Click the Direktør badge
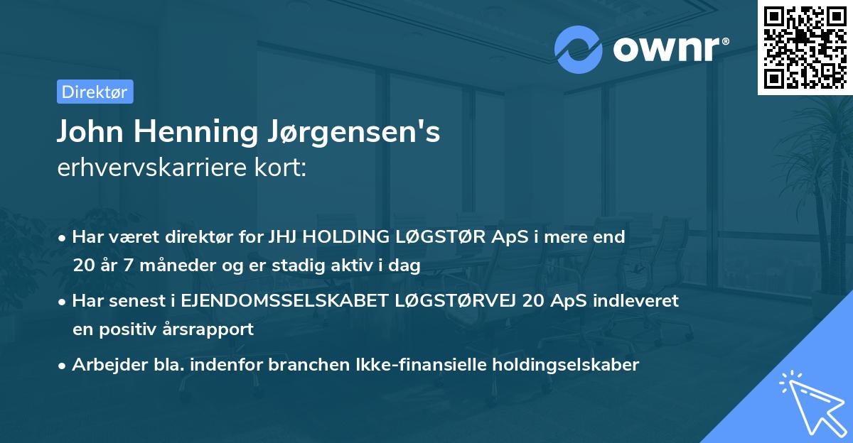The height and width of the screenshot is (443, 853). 95,92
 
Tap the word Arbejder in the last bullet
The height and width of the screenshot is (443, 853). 104,365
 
